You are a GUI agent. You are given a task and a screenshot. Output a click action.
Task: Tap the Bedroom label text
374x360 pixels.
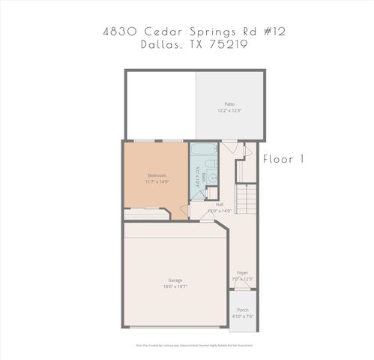click(x=157, y=175)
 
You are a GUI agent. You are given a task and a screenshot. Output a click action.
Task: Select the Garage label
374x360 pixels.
click(x=175, y=280)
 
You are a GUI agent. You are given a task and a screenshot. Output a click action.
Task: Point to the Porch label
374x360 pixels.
click(x=243, y=310)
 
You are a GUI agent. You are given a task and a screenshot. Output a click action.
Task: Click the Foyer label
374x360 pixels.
click(x=242, y=273)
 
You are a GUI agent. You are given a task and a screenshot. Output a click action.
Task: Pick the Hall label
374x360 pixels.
click(x=220, y=205)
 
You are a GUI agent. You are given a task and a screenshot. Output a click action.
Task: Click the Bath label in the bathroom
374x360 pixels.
click(x=203, y=177)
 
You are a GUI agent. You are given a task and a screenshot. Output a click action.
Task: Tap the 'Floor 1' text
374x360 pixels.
click(x=284, y=159)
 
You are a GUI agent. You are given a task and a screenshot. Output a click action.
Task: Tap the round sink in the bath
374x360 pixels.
click(x=211, y=178)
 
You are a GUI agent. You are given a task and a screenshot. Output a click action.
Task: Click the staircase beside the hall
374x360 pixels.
click(x=247, y=199)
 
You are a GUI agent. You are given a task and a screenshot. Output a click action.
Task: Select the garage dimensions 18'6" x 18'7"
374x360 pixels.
click(x=175, y=286)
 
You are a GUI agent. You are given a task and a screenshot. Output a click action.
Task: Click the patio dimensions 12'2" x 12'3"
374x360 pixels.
click(x=230, y=110)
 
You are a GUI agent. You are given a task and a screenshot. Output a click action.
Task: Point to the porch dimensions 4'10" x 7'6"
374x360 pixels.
click(x=243, y=316)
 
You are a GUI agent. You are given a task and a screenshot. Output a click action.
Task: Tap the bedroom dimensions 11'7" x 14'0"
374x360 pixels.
click(x=157, y=181)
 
